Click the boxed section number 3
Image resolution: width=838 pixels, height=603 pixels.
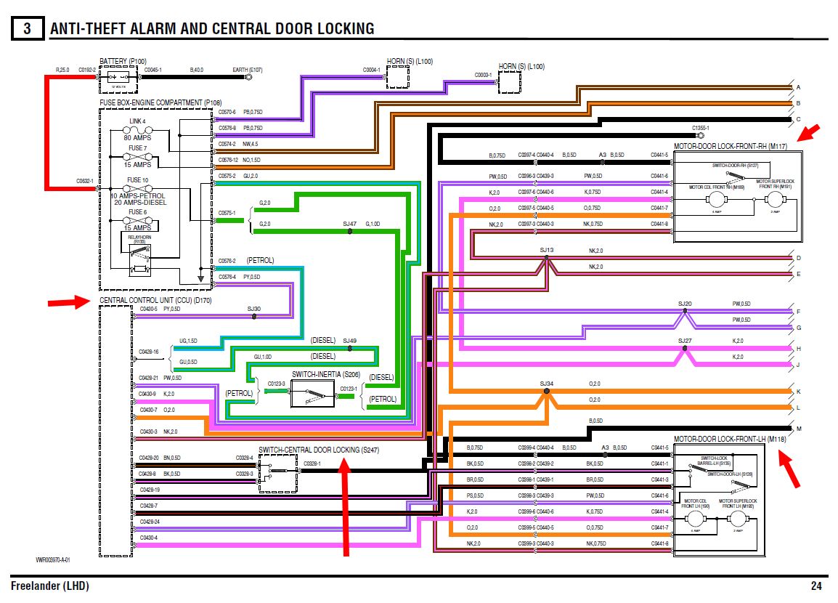coord(27,29)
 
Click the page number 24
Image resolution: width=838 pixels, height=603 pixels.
coord(816,586)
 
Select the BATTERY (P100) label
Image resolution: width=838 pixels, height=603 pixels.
coord(123,60)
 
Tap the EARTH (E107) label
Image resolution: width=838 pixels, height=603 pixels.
coord(247,70)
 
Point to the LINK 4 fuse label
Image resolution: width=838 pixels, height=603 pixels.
coord(137,121)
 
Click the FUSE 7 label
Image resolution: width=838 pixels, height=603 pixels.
coord(137,148)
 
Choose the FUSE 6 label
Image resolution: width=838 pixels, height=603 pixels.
coord(137,211)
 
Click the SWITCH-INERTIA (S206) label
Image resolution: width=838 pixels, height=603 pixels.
coord(326,373)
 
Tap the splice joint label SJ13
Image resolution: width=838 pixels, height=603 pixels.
coord(547,250)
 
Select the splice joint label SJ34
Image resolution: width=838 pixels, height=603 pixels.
coord(547,383)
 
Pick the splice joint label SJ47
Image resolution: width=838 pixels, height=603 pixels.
coord(350,224)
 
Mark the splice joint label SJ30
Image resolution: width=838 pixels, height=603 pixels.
coord(253,309)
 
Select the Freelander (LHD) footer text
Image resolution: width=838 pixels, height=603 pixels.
coord(50,586)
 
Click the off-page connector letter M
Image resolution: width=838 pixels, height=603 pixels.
coord(799,429)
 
